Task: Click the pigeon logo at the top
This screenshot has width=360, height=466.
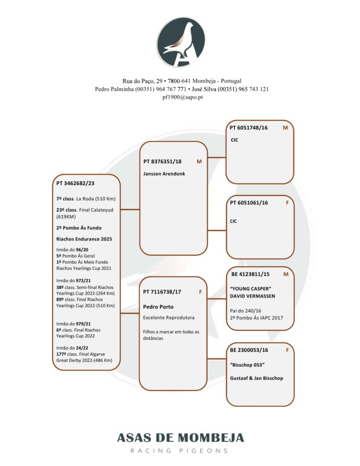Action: [x=181, y=42]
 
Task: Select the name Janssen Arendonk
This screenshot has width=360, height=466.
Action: [x=164, y=173]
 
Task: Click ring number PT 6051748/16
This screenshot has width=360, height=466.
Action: [x=249, y=128]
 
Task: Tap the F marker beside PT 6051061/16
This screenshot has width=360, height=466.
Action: [x=287, y=203]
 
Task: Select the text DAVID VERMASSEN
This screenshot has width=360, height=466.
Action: [x=253, y=296]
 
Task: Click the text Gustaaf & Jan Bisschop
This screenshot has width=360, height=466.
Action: [x=257, y=378]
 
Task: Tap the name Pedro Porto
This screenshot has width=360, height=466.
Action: [x=158, y=307]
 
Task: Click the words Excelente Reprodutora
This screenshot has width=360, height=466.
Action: [x=168, y=318]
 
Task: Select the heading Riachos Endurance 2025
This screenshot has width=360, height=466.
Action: [x=83, y=239]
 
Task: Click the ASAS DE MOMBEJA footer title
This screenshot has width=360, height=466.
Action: [x=180, y=438]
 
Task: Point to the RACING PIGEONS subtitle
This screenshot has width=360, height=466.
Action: [x=180, y=451]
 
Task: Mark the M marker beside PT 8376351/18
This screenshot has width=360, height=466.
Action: [x=199, y=161]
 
